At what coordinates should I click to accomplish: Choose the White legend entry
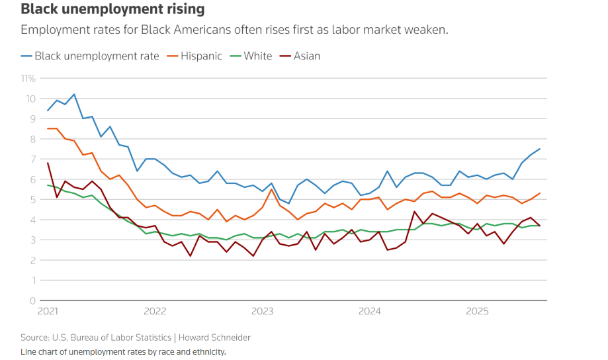(257, 56)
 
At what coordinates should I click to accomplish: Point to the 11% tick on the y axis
(28, 78)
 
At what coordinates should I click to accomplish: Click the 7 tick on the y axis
(32, 159)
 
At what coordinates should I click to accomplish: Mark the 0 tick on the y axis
(32, 300)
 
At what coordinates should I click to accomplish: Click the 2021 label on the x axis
(48, 311)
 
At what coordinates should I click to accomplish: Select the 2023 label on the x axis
(262, 311)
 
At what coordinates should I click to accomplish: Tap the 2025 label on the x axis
(476, 311)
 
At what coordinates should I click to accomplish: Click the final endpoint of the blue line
(540, 149)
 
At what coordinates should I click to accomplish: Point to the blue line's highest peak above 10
(74, 94)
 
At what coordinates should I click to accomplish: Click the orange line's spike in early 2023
(271, 189)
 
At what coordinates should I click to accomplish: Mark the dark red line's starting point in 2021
(48, 163)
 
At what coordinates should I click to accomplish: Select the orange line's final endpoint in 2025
(540, 193)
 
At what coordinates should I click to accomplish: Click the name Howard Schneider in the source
(216, 337)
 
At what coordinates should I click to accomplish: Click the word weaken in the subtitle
(429, 30)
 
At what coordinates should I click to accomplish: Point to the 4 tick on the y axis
(32, 220)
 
